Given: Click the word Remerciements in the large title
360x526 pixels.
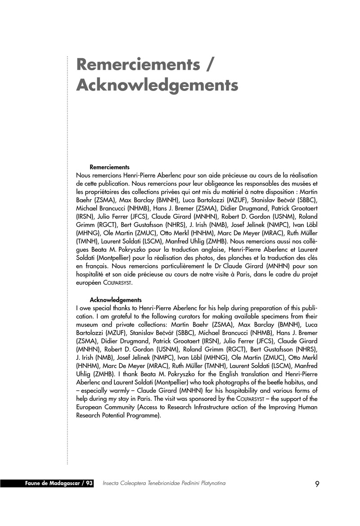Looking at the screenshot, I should click(138, 64).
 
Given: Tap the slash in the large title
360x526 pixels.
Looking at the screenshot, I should click(208, 64).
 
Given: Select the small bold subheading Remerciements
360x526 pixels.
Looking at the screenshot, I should click(110, 167).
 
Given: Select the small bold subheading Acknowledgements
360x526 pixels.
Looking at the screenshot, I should click(116, 299).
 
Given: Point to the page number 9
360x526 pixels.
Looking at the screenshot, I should click(317, 484).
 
